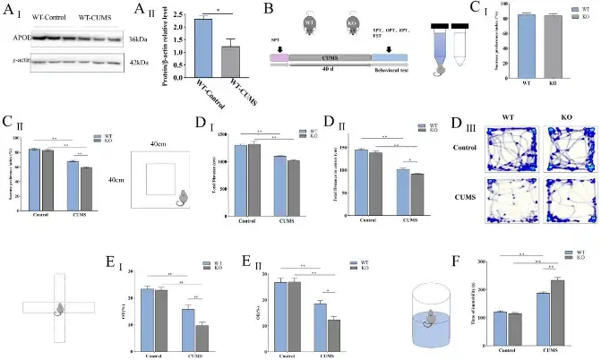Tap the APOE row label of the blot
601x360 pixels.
tap(16, 39)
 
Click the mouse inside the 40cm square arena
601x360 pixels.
tap(181, 197)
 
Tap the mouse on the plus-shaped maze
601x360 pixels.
tap(59, 310)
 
